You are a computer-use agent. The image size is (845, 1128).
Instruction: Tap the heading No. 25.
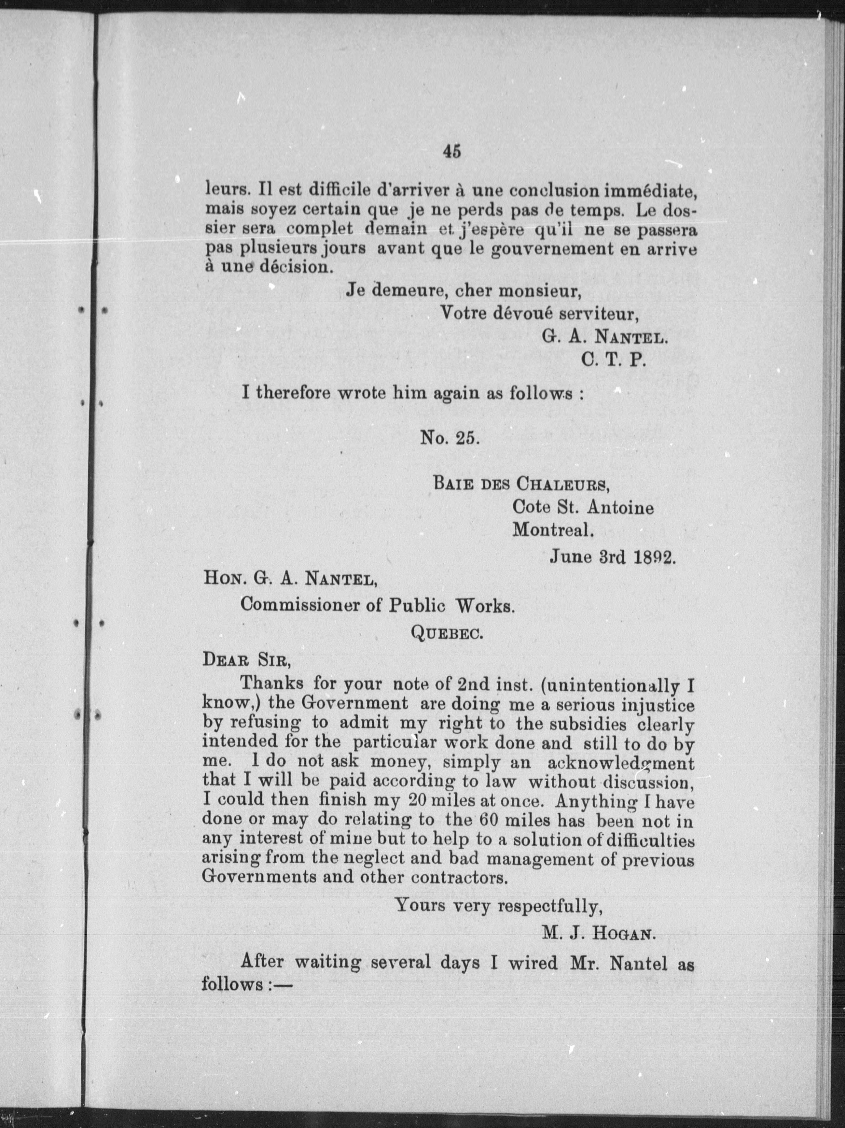point(450,438)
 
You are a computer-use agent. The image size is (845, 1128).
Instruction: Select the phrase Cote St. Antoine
point(583,507)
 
